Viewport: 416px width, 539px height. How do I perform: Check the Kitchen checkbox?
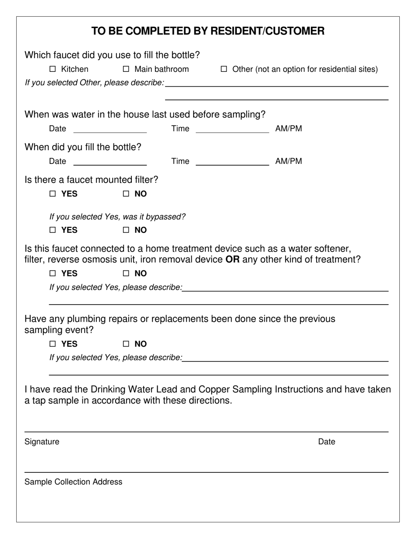pyautogui.click(x=53, y=69)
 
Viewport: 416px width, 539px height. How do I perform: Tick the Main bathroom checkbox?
pyautogui.click(x=127, y=69)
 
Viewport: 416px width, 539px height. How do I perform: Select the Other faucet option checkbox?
pyautogui.click(x=224, y=69)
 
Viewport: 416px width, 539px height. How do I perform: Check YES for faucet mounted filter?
pyautogui.click(x=53, y=194)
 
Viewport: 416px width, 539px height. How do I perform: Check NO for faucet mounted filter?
pyautogui.click(x=127, y=194)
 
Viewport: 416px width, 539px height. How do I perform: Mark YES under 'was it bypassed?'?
pyautogui.click(x=53, y=230)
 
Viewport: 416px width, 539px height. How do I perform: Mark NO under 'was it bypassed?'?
pyautogui.click(x=127, y=230)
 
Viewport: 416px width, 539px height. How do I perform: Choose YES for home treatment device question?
pyautogui.click(x=53, y=273)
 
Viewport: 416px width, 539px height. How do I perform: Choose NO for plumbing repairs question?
pyautogui.click(x=127, y=344)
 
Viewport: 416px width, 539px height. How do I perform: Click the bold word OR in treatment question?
pyautogui.click(x=233, y=259)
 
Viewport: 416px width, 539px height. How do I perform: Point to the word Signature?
pyautogui.click(x=42, y=442)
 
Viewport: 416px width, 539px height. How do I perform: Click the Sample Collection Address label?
pyautogui.click(x=74, y=482)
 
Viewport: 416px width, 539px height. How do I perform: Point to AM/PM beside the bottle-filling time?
pyautogui.click(x=289, y=161)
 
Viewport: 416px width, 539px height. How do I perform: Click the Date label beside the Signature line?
pyautogui.click(x=327, y=442)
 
